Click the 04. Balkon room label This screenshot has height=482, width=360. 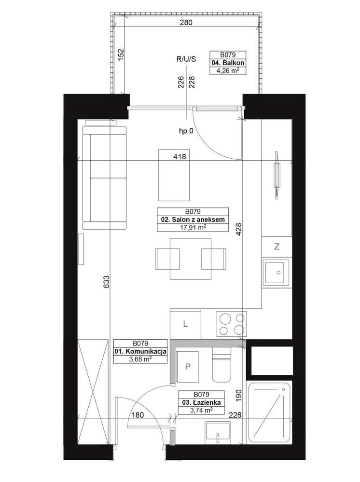228,63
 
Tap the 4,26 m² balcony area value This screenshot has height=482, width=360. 228,71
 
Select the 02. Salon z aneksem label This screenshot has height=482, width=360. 193,220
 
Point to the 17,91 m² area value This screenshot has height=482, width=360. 193,227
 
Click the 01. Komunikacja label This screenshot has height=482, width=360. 140,351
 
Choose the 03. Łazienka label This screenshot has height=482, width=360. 201,402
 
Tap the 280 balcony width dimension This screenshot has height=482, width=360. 186,23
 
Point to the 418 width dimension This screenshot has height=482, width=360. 180,157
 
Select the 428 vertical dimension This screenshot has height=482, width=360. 238,229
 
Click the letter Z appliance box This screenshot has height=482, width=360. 277,247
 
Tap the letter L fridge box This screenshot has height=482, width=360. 185,324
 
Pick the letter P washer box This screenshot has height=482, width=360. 188,366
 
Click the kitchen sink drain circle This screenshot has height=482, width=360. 279,272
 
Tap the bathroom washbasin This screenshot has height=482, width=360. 218,432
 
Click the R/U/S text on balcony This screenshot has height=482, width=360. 186,59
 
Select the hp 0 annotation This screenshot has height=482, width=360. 186,131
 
